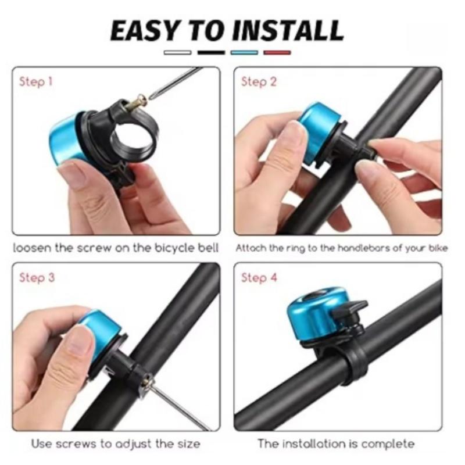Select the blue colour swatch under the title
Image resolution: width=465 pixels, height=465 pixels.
244,52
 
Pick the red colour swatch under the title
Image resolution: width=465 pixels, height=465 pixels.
277,52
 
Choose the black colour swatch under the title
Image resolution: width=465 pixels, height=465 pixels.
211,52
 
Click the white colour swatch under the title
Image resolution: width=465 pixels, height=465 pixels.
177,52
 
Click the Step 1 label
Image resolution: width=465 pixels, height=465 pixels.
36,82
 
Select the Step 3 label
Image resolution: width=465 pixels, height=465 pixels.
37,278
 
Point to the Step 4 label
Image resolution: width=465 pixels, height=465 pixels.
259,278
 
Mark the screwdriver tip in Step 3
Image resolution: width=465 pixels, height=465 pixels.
153,384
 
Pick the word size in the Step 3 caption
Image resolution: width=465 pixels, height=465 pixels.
187,445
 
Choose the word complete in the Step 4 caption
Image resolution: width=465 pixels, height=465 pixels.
388,445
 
